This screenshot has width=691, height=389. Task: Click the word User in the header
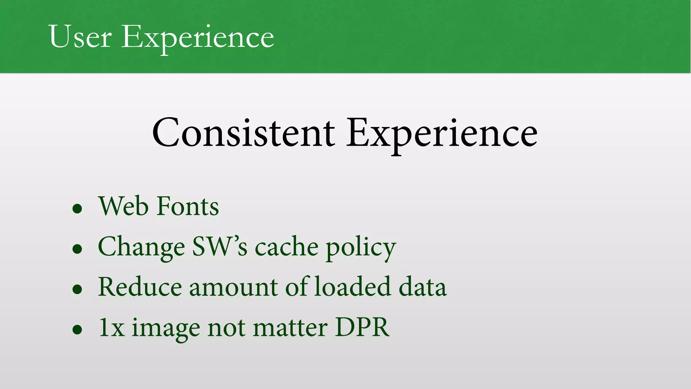coord(80,36)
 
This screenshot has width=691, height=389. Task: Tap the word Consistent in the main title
coord(243,133)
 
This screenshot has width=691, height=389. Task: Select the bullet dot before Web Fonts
coord(77,209)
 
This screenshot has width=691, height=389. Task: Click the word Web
coord(123,206)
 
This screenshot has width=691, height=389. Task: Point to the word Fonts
coord(188,206)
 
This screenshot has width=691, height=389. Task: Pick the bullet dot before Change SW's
coord(77,249)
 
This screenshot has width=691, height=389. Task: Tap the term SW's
coord(220,247)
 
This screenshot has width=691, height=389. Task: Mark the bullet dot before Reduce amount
coord(77,289)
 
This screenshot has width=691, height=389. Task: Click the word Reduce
coord(140,287)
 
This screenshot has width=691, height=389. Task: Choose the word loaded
coord(352,287)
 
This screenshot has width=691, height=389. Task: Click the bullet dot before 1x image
coord(77,330)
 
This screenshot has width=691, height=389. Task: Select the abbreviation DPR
coord(362,327)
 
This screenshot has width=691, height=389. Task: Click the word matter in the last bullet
coord(290,328)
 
